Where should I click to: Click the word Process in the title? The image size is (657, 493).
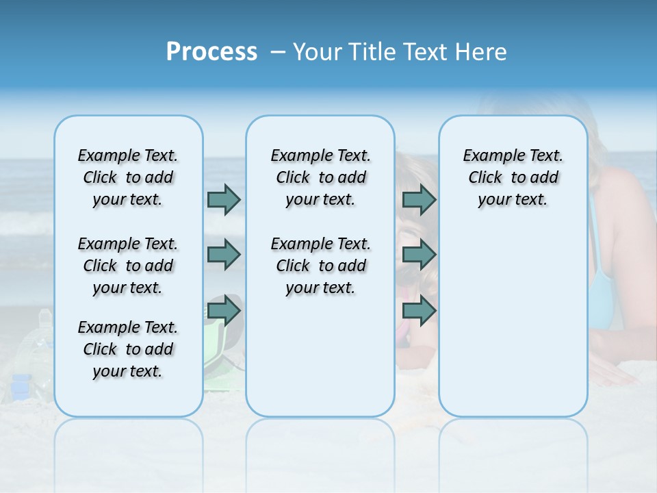tap(211, 52)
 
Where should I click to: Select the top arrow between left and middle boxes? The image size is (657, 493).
tap(224, 199)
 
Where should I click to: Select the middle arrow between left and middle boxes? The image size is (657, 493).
tap(224, 255)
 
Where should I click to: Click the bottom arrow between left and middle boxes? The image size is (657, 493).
tap(224, 311)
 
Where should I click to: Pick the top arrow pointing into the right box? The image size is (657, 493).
tap(419, 199)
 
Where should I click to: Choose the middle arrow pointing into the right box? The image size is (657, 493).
tap(419, 255)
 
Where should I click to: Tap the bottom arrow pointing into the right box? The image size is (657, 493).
tap(419, 311)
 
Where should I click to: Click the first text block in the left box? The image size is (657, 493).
tap(127, 177)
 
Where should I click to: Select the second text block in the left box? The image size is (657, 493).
tap(127, 266)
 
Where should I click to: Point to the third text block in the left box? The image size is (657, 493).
tap(127, 349)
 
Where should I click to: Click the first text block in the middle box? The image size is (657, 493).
tap(320, 177)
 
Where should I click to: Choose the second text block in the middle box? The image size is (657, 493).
tap(320, 266)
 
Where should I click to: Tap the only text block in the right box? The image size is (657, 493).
tap(513, 177)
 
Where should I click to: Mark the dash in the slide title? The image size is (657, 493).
tap(278, 53)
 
